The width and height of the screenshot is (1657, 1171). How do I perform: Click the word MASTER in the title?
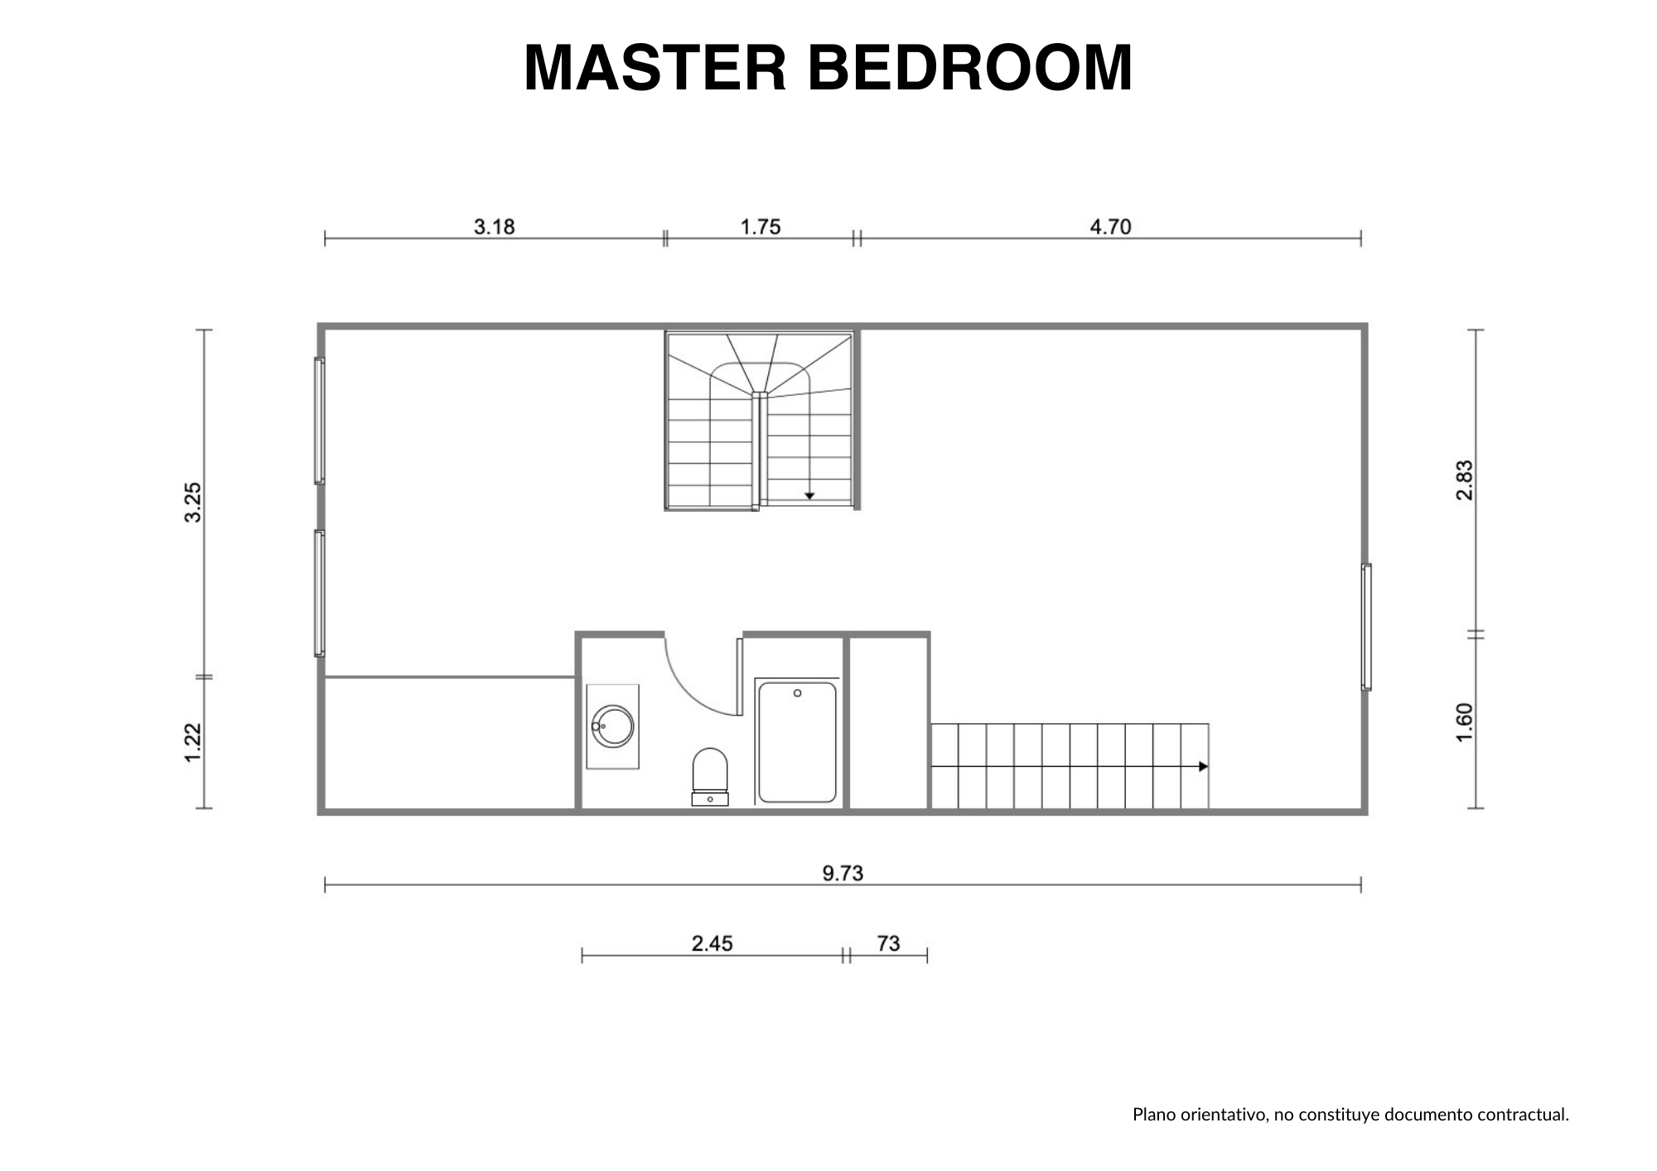[x=655, y=67]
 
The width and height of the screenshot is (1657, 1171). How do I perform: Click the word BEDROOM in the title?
[x=970, y=67]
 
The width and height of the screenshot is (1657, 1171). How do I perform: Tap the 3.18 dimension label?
[x=495, y=226]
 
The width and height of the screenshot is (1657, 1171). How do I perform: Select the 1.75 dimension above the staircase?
[x=761, y=226]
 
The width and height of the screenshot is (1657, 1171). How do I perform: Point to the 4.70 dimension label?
[x=1110, y=226]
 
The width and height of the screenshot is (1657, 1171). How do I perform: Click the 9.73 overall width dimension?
[x=843, y=873]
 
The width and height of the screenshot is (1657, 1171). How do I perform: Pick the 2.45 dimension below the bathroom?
[x=713, y=943]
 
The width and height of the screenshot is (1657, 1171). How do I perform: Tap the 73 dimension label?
[x=888, y=943]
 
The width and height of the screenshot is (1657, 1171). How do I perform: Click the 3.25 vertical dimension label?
[x=193, y=503]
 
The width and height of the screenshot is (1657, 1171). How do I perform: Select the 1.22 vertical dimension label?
[x=193, y=743]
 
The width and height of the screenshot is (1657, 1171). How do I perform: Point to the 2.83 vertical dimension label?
[x=1465, y=480]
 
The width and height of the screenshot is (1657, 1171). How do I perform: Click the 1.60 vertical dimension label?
[x=1465, y=723]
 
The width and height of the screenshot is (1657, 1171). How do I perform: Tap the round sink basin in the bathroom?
[x=613, y=726]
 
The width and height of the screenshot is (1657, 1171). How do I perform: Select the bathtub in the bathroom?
[x=797, y=742]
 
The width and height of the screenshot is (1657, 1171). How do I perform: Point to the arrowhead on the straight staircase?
[x=1204, y=767]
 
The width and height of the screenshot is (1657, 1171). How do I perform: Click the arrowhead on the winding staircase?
[x=809, y=495]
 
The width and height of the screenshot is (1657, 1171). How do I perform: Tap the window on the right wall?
[x=1366, y=627]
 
